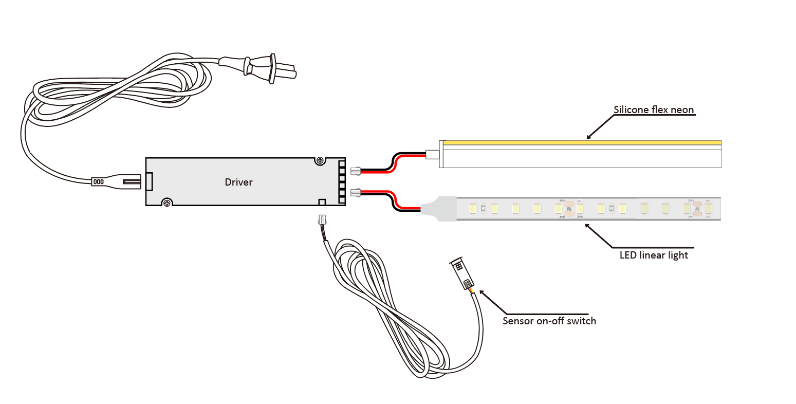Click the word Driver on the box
point(238,182)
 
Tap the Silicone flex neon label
point(654,109)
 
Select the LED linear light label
point(654,255)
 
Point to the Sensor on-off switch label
point(549,321)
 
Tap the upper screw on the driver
point(321,161)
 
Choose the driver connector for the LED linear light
point(356,193)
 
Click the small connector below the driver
point(322,221)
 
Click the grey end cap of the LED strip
point(440,209)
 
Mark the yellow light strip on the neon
point(581,142)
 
